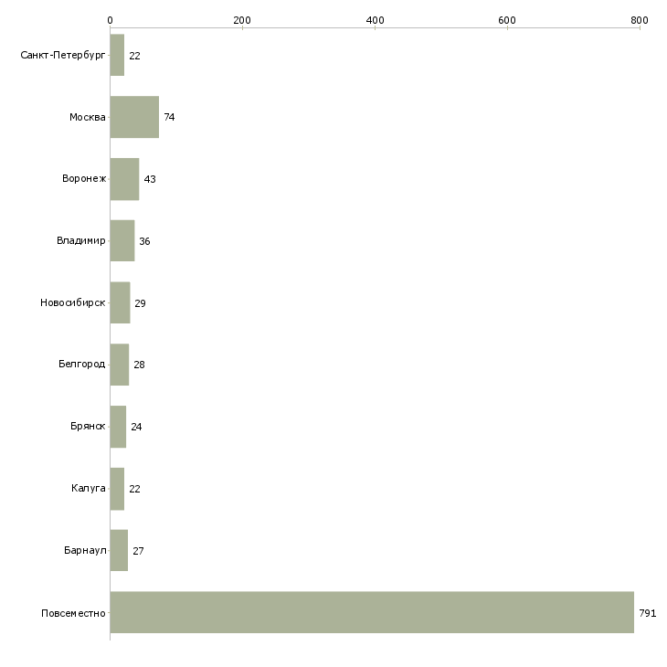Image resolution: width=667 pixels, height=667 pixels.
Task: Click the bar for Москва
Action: (134, 117)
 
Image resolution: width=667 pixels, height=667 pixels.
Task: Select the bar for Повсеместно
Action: (372, 612)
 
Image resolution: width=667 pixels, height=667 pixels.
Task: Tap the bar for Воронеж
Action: (124, 179)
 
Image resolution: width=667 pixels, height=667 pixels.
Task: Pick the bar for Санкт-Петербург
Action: (117, 55)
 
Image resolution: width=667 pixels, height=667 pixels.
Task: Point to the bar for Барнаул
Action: (119, 550)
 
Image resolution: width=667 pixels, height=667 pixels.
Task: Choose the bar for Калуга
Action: (117, 489)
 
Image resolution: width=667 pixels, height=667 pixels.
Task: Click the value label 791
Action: (648, 613)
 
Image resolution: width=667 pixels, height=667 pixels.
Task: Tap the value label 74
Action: (169, 117)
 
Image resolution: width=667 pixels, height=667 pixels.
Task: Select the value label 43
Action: (150, 179)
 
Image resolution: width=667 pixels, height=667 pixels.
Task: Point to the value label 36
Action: (144, 241)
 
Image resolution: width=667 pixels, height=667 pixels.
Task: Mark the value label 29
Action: (140, 303)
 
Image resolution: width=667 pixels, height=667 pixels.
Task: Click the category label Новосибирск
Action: (73, 302)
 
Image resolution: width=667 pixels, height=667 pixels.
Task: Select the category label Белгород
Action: (81, 365)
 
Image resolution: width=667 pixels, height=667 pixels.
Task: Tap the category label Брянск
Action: (88, 426)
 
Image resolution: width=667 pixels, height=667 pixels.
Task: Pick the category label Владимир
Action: (80, 241)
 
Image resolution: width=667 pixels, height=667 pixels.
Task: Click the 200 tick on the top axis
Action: (242, 28)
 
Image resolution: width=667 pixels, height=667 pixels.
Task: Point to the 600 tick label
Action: (507, 20)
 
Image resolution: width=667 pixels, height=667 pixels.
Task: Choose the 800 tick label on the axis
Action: (640, 20)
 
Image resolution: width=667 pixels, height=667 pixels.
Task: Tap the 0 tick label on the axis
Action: (111, 20)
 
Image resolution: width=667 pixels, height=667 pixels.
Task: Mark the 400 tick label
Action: (375, 20)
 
